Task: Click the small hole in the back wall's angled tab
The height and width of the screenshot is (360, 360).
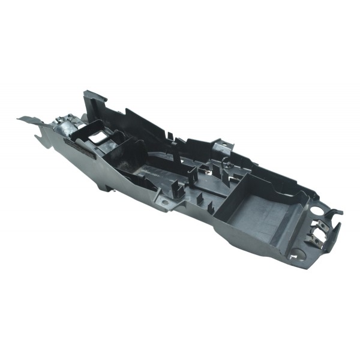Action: click(218, 145)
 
